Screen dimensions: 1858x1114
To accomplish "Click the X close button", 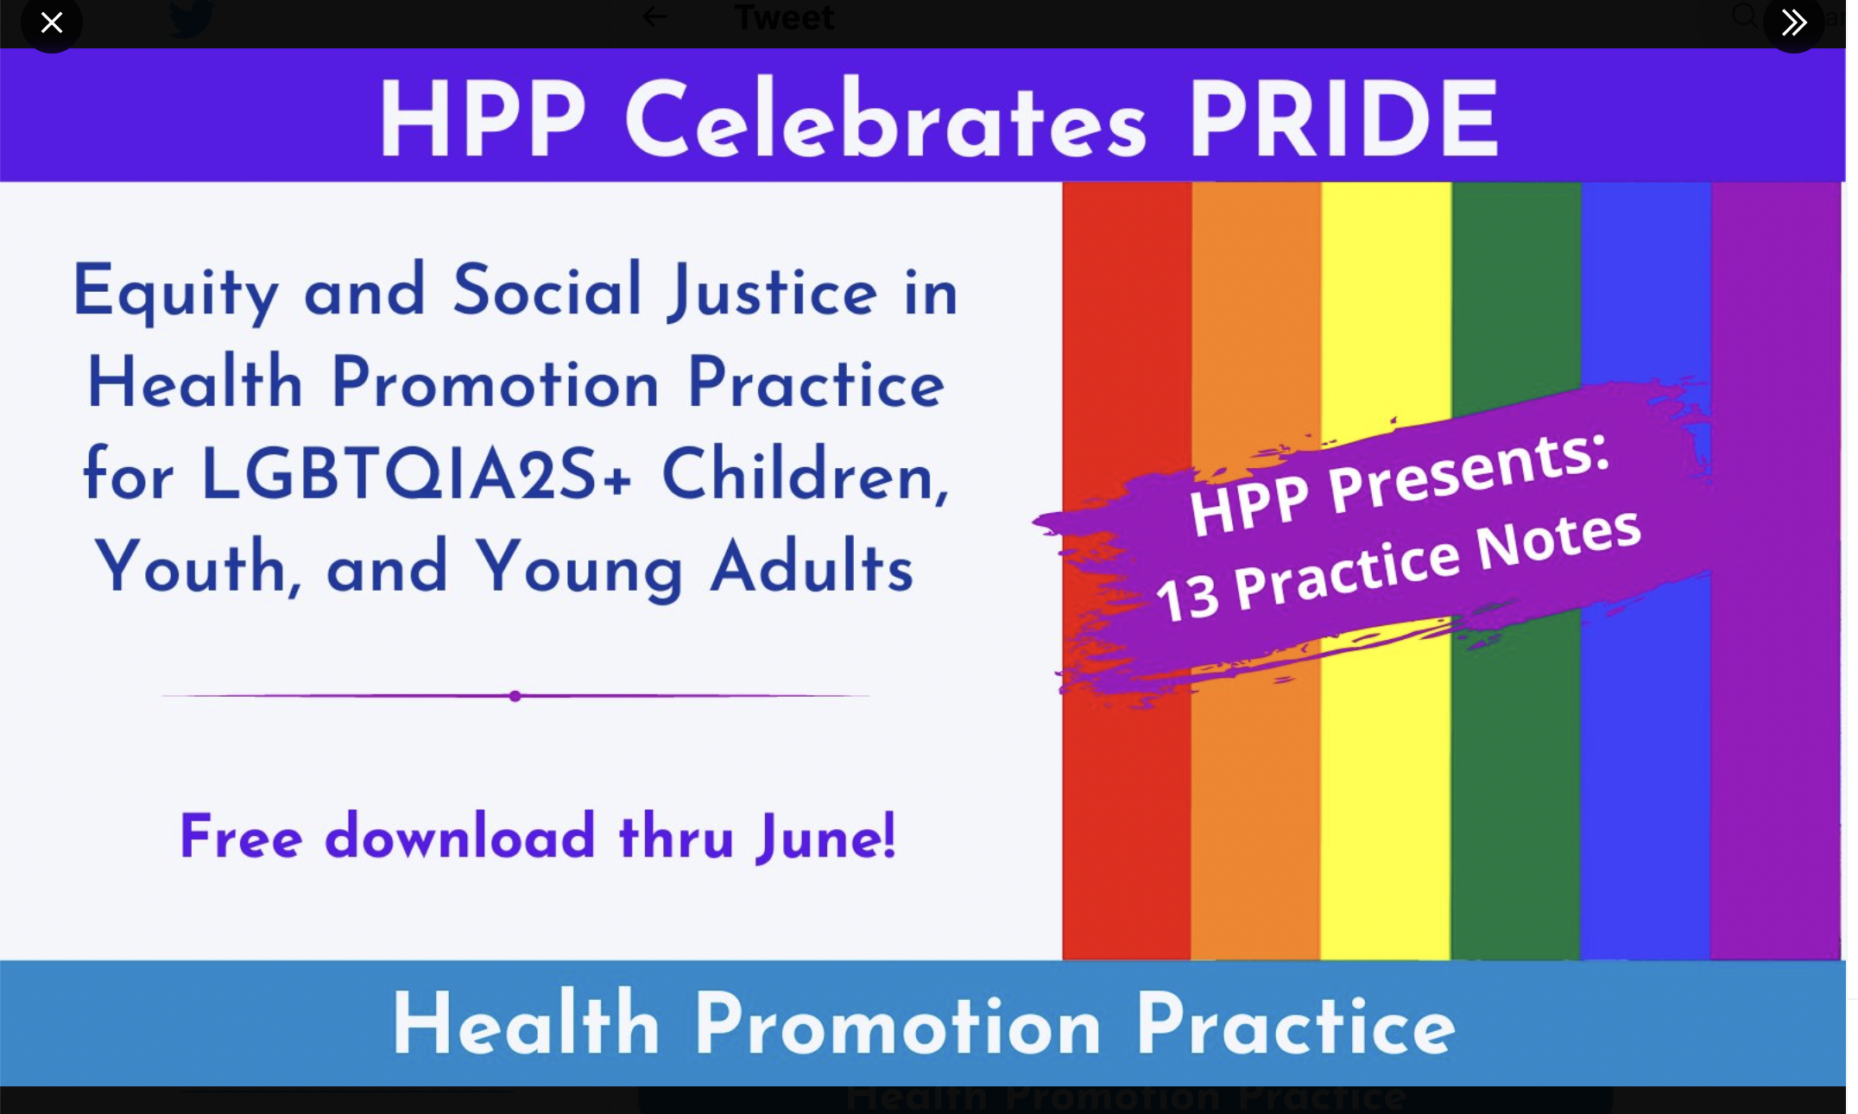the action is point(52,22).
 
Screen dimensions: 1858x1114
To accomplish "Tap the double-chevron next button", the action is point(1794,22).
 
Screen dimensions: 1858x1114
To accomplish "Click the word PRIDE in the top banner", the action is point(1343,118).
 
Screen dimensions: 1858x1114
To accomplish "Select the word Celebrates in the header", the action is point(886,118).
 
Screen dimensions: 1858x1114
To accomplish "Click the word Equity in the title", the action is point(176,292).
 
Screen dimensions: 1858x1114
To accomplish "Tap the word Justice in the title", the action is point(773,292).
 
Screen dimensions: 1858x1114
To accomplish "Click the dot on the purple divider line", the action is point(515,696).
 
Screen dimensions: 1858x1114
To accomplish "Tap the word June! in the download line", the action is point(826,836).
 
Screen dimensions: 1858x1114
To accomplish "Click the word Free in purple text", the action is point(241,836).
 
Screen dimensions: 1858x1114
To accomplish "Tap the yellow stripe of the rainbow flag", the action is point(1386,777).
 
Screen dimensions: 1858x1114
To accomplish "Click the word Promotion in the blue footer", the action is point(898,1025).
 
